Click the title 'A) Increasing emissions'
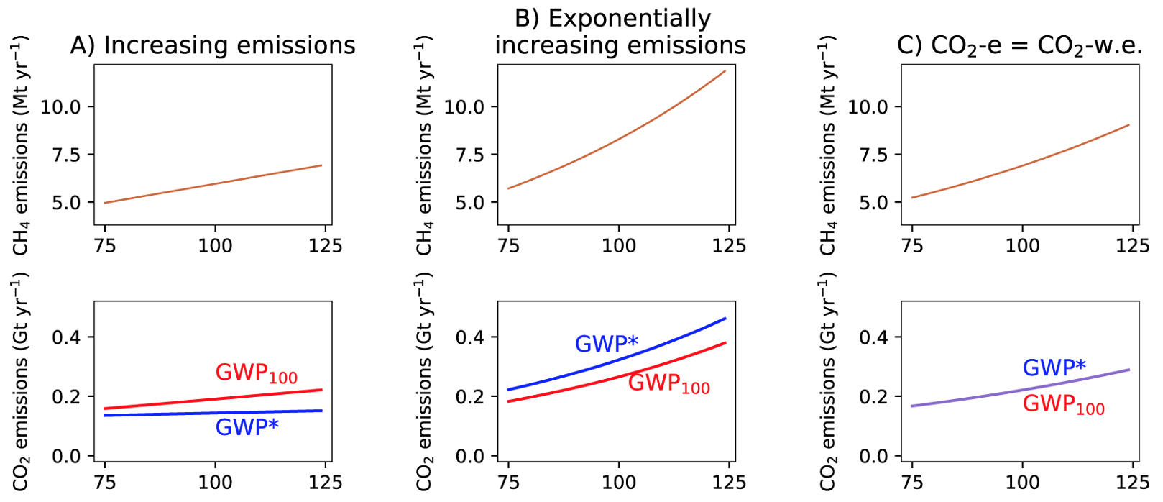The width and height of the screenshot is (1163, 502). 213,45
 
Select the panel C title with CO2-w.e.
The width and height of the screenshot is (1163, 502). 1019,45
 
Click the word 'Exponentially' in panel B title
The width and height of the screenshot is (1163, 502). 612,18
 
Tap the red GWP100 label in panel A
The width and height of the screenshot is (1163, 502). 256,373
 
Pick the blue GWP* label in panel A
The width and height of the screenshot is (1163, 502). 247,427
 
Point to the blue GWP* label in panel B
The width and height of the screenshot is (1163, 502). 606,344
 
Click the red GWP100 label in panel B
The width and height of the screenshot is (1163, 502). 668,383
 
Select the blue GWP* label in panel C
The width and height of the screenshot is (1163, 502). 1054,368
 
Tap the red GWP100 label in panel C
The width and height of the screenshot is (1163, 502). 1063,404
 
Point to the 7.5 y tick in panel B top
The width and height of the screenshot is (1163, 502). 470,155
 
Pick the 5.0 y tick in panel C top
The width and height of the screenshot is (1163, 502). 874,203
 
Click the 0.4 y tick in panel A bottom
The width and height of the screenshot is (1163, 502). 66,337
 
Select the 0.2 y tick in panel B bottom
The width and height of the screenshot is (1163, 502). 470,397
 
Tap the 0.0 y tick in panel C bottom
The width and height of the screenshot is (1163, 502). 874,457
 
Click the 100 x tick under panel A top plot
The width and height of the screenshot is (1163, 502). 215,246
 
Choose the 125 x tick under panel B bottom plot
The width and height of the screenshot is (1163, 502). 729,483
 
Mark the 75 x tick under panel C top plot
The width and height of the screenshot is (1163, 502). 912,246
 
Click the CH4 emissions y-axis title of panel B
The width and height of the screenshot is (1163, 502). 424,145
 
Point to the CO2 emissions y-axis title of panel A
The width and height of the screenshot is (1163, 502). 20,381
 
